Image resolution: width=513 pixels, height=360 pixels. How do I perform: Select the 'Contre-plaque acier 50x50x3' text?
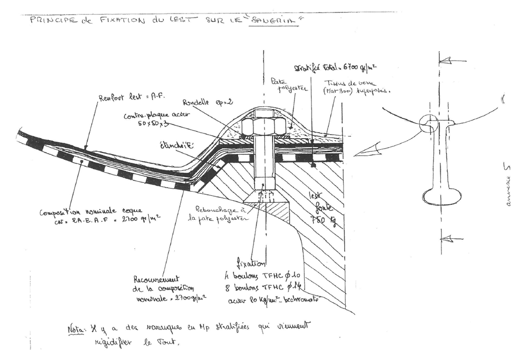coord(153,119)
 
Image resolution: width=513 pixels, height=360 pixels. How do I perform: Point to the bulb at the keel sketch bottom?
coord(441,196)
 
